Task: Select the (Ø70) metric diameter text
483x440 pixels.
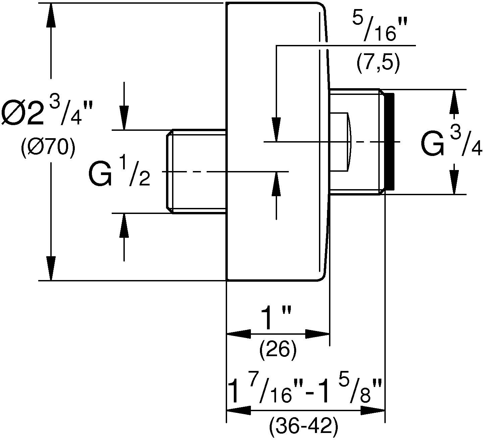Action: pyautogui.click(x=47, y=147)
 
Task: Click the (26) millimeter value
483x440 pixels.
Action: pyautogui.click(x=278, y=350)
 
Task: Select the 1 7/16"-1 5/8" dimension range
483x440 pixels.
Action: pyautogui.click(x=305, y=390)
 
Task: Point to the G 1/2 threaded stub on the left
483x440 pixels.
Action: pyautogui.click(x=197, y=171)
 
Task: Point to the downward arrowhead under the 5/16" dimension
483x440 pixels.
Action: pyautogui.click(x=276, y=129)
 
